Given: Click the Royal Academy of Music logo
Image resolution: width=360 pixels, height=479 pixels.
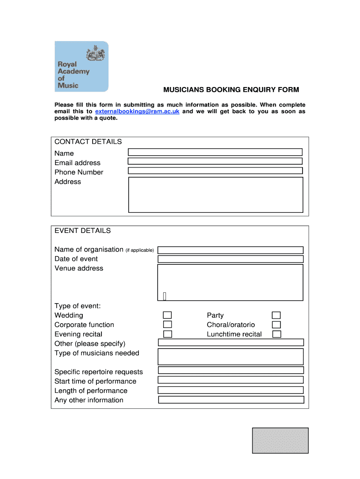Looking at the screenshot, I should tap(81, 66).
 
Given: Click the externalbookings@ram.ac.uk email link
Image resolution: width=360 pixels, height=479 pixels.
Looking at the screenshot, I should tap(137, 111).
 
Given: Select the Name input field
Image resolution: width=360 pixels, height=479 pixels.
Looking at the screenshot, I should tap(215, 152).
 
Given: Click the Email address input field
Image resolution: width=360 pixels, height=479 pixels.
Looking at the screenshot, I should tap(215, 161).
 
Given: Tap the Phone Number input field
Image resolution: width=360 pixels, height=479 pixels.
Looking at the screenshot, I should tap(215, 171).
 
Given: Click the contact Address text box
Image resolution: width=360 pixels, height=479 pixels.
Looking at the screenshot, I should tap(216, 195).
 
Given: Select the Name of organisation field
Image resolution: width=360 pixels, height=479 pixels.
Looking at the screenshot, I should tap(230, 250).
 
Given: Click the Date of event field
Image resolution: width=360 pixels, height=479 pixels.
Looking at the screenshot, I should tap(230, 259).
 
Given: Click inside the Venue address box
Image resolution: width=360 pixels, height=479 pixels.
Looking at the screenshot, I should tap(230, 283).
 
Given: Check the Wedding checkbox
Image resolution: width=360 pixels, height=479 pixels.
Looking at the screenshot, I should tap(167, 315).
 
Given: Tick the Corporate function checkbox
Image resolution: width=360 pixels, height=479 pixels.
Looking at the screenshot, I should tap(167, 325).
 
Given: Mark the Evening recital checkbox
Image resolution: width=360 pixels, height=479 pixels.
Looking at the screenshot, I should tap(167, 334).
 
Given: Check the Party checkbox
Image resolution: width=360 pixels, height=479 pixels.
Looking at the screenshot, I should tap(276, 315).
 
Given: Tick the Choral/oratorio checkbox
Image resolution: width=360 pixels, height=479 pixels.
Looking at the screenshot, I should tap(276, 325).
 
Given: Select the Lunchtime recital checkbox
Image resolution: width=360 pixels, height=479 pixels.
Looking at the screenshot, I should tap(276, 334).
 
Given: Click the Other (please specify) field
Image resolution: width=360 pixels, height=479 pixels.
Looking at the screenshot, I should tap(230, 342).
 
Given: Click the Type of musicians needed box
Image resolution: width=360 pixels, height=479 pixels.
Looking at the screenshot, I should tap(230, 356).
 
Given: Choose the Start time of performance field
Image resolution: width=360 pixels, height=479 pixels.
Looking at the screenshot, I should tap(230, 380).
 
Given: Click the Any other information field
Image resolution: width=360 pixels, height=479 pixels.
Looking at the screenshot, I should tap(231, 400).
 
